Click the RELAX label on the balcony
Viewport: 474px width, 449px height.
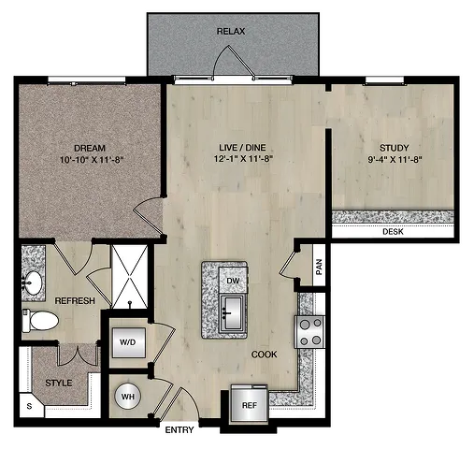pos(231,31)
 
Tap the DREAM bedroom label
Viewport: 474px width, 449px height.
pos(90,148)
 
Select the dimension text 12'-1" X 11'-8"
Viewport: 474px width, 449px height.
pos(243,159)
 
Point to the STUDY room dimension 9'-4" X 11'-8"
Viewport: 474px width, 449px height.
pos(395,160)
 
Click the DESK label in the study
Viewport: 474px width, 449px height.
pos(393,232)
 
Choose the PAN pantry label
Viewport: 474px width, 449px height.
pos(319,267)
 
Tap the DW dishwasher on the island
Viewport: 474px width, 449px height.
pos(233,281)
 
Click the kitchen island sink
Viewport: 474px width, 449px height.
pos(233,313)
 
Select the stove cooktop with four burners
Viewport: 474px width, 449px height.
pos(310,332)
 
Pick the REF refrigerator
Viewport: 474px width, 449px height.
pos(250,404)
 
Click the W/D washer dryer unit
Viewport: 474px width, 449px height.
pos(128,342)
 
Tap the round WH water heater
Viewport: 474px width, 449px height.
pos(128,397)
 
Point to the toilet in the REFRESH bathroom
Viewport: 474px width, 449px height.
pos(40,321)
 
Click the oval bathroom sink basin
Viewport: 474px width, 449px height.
pos(33,283)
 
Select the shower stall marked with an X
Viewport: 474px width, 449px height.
pos(130,277)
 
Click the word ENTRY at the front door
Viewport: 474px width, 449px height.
pos(180,430)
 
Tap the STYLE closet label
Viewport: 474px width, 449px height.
pos(59,383)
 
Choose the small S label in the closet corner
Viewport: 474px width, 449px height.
pos(29,406)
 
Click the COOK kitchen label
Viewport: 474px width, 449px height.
pos(264,355)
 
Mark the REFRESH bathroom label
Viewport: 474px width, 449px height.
pos(75,300)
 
